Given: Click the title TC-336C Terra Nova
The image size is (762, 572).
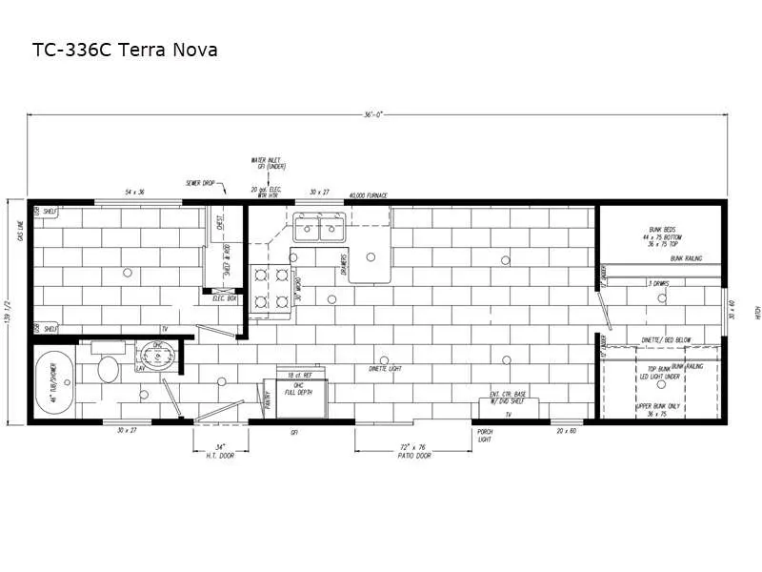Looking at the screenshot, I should click(126, 49).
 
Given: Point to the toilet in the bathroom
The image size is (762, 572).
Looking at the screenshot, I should click(108, 368).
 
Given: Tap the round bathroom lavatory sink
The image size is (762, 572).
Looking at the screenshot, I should click(152, 357).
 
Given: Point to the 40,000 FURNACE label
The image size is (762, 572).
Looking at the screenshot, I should click(368, 195).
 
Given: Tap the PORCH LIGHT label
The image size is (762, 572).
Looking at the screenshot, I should click(485, 437).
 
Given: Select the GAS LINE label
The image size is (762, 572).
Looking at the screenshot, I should click(18, 228).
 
